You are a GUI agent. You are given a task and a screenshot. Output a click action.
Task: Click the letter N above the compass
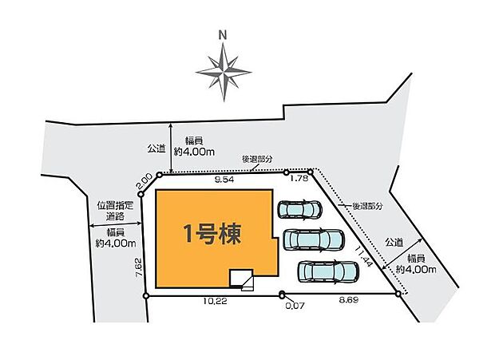(224, 34)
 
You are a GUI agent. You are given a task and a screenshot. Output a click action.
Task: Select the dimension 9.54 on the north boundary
(224, 180)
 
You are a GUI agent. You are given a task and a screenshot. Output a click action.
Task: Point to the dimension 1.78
(299, 180)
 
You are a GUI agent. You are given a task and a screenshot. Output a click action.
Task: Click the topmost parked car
(299, 209)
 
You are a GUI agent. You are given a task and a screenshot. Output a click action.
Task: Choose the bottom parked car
(327, 271)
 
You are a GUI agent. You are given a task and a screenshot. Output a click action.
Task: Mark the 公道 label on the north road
(156, 148)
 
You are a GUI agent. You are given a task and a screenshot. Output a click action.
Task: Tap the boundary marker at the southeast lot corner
(398, 295)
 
